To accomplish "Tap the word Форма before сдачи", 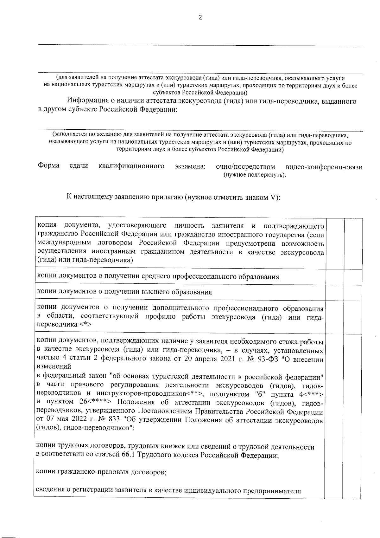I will (48, 166).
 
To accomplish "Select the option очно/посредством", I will (245, 166).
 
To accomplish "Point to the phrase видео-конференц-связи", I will (324, 167).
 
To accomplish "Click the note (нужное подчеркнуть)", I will (255, 175).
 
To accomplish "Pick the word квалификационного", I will (131, 166).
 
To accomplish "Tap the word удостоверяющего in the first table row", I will (137, 226).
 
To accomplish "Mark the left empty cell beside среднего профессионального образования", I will (335, 277).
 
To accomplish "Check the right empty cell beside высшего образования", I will (353, 292).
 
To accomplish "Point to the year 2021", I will (218, 360).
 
